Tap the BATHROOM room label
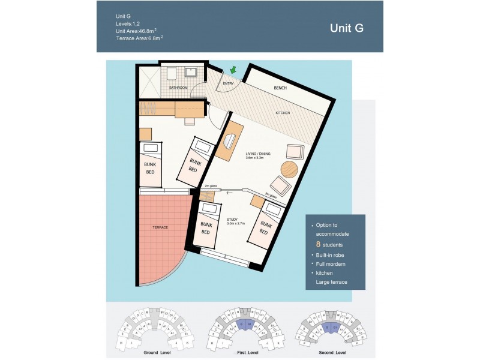click(x=178, y=88)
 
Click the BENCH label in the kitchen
click(x=280, y=88)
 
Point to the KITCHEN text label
click(x=283, y=113)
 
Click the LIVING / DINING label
click(x=258, y=154)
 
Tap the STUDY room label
click(x=233, y=220)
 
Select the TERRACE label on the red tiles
click(x=160, y=227)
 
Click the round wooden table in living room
click(x=289, y=169)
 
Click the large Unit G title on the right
click(x=346, y=28)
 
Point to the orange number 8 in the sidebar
click(x=318, y=245)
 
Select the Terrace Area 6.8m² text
click(x=139, y=38)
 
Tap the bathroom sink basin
click(x=191, y=72)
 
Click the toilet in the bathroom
click(x=170, y=73)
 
